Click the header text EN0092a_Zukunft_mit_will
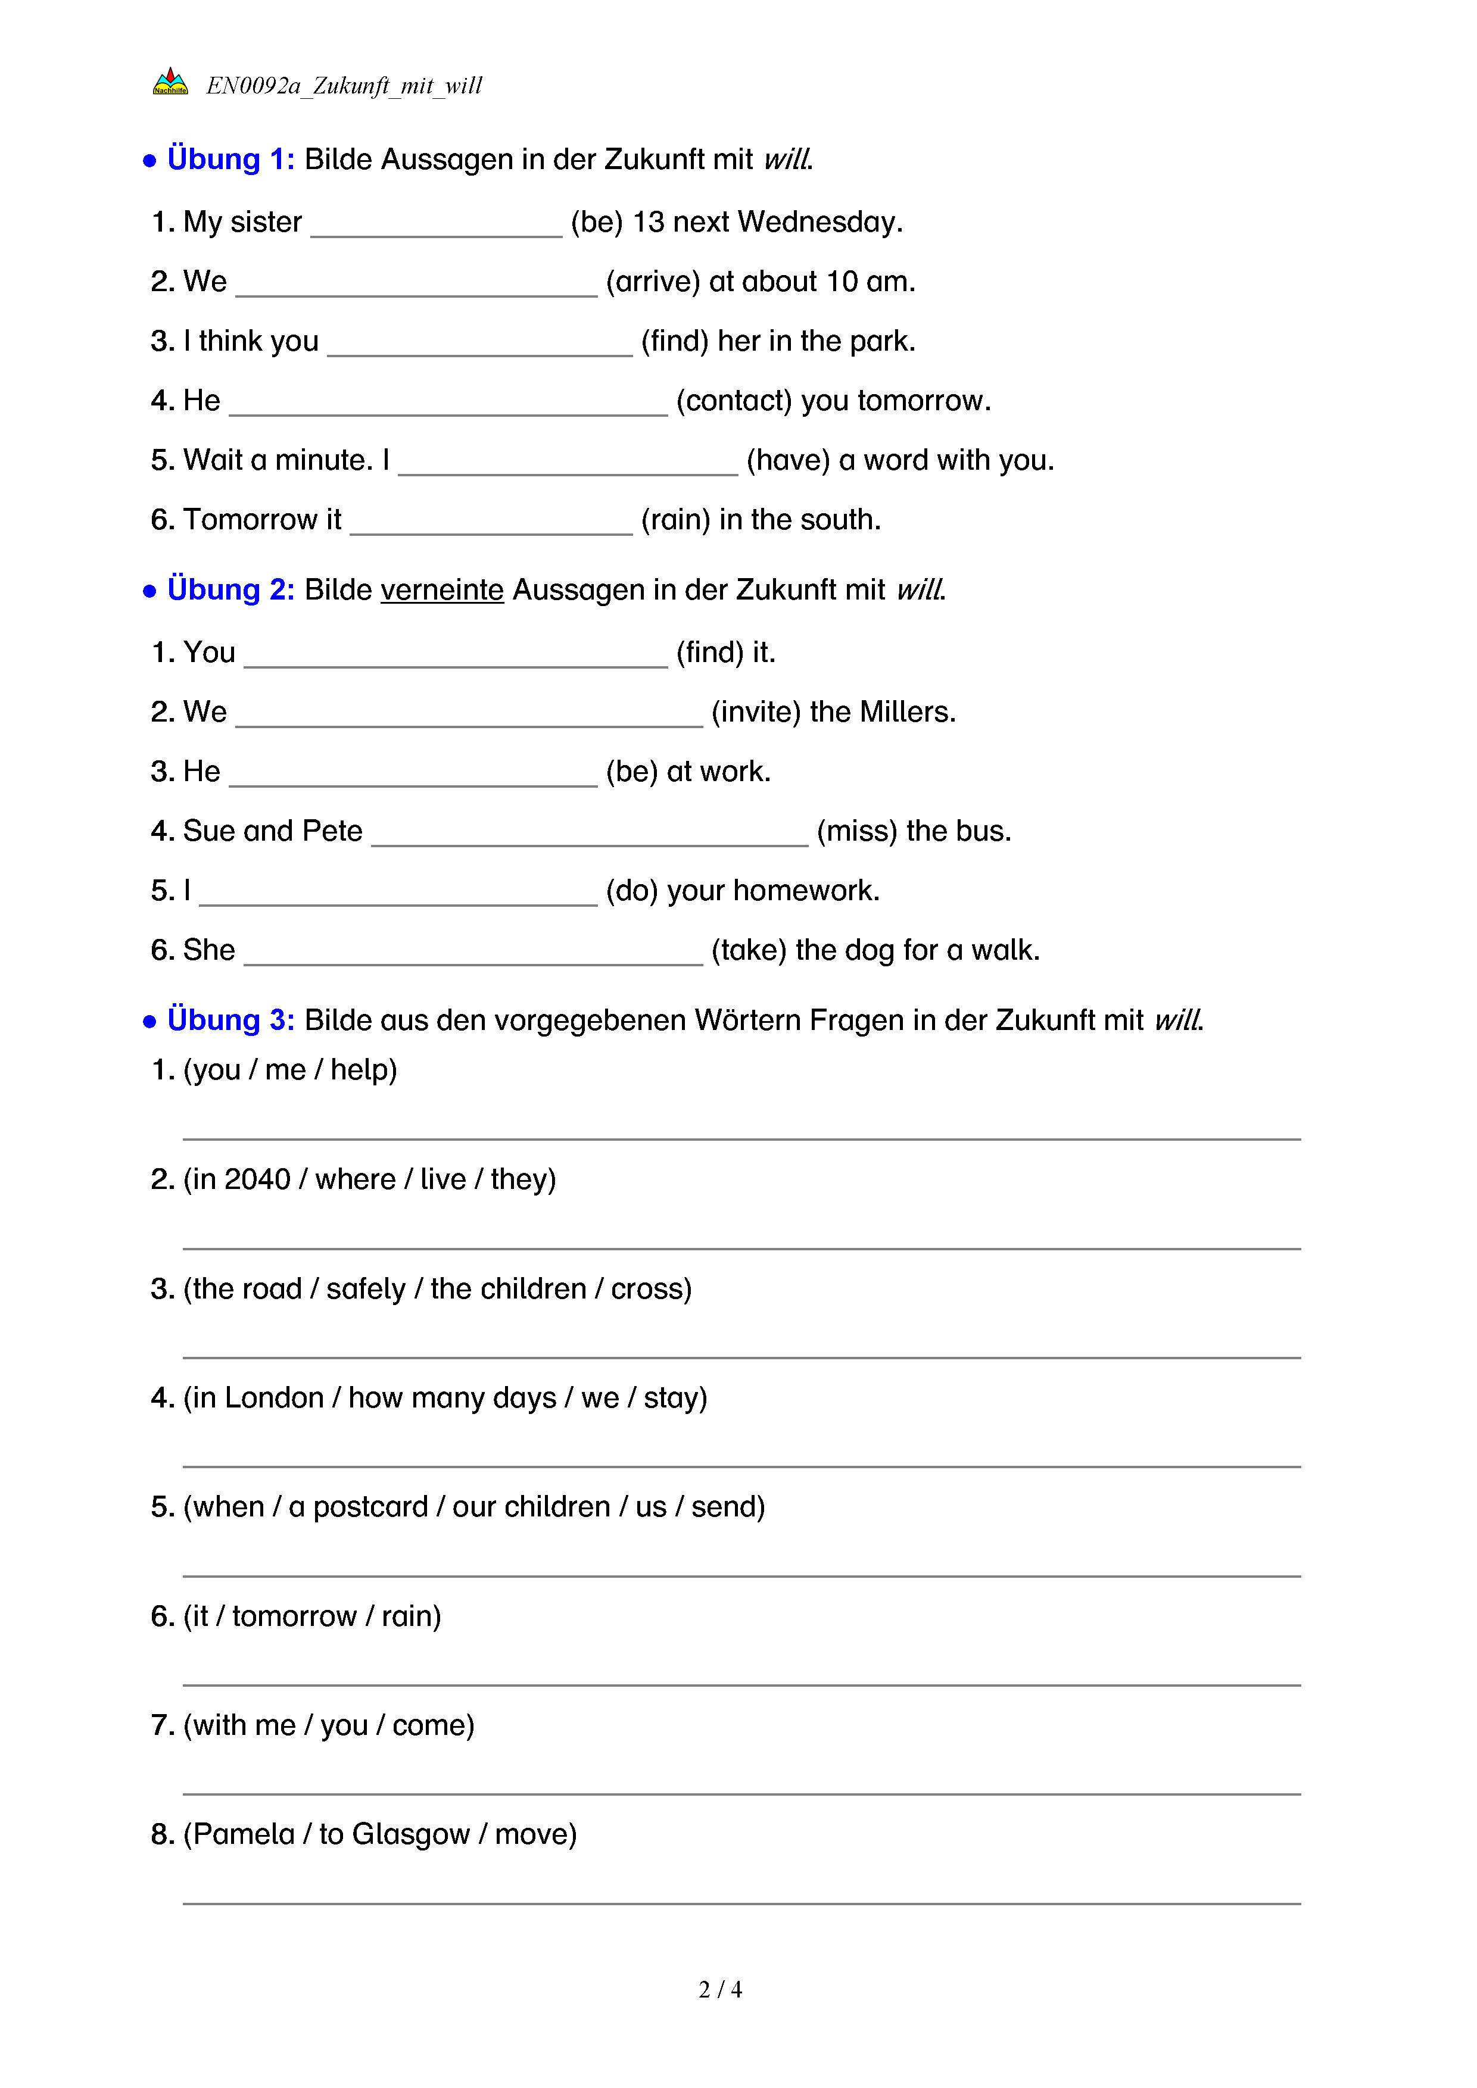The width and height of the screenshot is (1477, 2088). click(344, 86)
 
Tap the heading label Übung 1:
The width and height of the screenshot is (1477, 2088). click(230, 159)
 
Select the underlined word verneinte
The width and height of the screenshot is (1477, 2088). click(442, 590)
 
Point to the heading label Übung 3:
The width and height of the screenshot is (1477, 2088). click(230, 1020)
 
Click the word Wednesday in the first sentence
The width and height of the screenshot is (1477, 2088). click(819, 222)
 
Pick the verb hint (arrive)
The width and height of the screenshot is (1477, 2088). click(652, 282)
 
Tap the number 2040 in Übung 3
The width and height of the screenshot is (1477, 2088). click(257, 1179)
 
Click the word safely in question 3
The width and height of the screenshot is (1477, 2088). click(366, 1290)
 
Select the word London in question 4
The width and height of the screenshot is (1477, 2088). click(274, 1398)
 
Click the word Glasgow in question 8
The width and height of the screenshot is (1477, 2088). click(410, 1835)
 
